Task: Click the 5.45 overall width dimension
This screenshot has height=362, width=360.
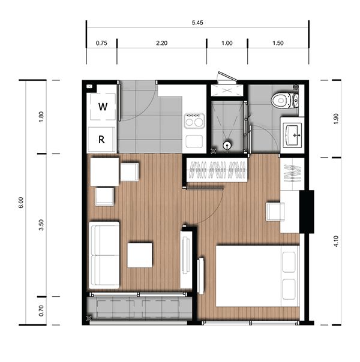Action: click(197, 23)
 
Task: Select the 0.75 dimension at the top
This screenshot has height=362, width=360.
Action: click(101, 43)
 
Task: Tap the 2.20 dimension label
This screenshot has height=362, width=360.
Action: click(161, 43)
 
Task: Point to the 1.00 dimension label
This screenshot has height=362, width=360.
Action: click(227, 43)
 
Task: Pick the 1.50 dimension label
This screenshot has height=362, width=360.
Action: click(278, 43)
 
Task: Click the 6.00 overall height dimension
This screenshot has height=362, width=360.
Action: click(21, 203)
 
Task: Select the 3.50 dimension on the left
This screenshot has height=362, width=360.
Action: click(41, 225)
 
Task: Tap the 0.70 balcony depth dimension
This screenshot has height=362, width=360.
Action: click(41, 310)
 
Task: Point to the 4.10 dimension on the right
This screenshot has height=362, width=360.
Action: click(336, 242)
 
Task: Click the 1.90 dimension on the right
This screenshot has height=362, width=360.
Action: click(336, 119)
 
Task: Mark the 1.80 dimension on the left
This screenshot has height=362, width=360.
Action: click(41, 117)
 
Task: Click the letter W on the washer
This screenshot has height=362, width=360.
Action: click(103, 107)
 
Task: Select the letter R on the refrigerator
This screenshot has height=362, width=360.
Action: click(101, 140)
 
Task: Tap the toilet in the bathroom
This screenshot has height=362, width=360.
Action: click(284, 101)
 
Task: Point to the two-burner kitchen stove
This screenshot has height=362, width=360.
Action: click(194, 120)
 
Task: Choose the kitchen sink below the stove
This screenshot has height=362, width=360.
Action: click(194, 141)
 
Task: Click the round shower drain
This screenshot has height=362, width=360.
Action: click(227, 146)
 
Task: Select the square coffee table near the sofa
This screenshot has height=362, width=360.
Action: click(140, 255)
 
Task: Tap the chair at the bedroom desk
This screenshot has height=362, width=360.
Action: click(275, 212)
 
